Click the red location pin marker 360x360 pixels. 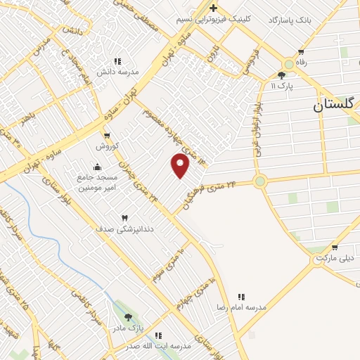pos(181,166)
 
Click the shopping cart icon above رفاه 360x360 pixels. pos(302,51)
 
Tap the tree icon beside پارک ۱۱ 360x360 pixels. pos(282,75)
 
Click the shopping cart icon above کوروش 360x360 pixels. pos(106,135)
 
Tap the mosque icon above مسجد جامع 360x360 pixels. pos(96,167)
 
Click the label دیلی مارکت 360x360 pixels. pos(333,258)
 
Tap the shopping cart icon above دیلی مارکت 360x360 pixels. pos(334,247)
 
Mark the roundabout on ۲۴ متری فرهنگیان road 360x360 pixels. pos(260,181)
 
